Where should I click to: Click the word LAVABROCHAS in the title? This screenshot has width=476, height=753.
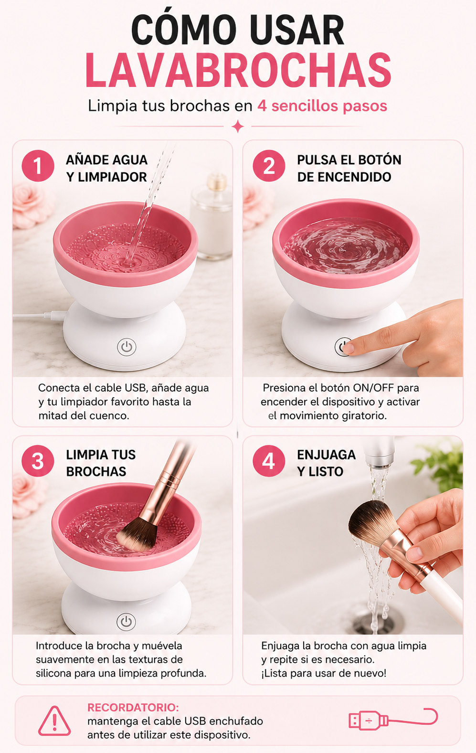[238, 71]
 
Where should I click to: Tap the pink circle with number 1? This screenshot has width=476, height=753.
[38, 166]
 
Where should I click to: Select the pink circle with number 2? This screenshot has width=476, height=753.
[269, 166]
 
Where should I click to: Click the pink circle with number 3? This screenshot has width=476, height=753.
[38, 461]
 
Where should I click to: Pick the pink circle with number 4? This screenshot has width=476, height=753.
[269, 461]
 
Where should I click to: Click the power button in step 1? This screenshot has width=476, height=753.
[127, 347]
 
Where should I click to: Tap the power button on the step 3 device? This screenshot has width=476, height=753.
[127, 622]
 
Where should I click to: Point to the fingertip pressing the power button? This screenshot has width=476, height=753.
[348, 348]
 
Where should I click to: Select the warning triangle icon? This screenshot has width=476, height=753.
[54, 721]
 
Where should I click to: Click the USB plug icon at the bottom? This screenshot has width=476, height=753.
[393, 719]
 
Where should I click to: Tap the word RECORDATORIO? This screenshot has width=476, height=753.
[133, 707]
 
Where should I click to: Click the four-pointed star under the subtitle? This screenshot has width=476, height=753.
[238, 126]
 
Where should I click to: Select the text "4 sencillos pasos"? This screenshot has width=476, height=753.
[322, 106]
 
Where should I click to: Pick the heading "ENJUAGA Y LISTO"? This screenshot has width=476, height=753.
[326, 463]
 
